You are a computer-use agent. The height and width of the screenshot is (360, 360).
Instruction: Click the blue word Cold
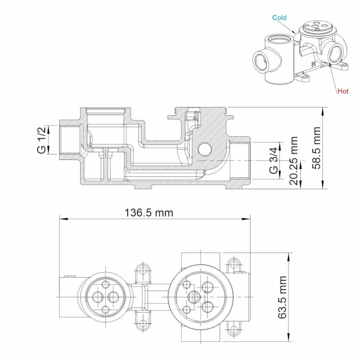[280, 17]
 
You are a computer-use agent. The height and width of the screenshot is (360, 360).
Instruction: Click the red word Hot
[343, 91]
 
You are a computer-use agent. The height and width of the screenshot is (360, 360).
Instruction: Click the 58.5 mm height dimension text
[317, 148]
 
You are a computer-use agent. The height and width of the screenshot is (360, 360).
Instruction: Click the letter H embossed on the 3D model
[313, 64]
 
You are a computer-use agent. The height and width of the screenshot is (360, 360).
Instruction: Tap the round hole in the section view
[204, 149]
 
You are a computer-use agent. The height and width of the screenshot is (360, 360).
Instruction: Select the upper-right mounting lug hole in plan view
[235, 264]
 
